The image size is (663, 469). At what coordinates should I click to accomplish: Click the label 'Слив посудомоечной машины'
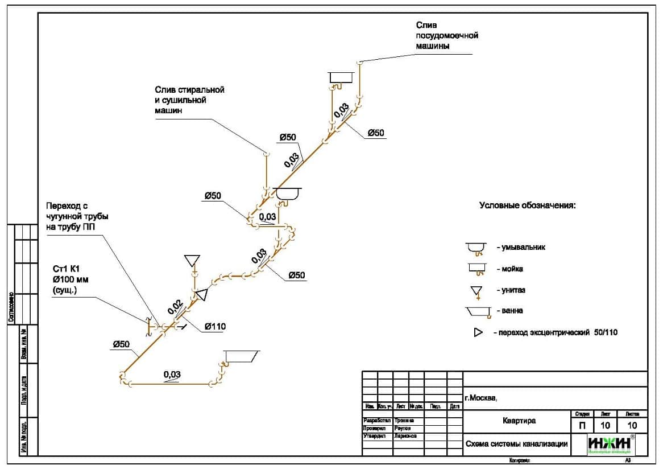pos(446,35)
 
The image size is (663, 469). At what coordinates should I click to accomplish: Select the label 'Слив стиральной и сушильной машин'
pos(189,100)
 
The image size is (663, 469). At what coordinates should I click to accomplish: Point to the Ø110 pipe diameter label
pos(215,327)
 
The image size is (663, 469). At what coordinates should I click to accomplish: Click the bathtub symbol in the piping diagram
pos(241,357)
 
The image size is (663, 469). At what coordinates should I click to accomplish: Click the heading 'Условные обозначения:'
pos(527,205)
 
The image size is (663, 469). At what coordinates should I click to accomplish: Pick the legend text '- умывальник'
pos(520,248)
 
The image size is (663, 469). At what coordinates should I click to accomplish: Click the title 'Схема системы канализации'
pos(516,445)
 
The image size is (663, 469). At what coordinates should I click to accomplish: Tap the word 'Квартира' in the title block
pos(519,421)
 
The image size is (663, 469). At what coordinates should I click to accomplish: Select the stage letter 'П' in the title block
pos(582,425)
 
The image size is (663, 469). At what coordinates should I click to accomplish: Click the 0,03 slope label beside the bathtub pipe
pos(172,375)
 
